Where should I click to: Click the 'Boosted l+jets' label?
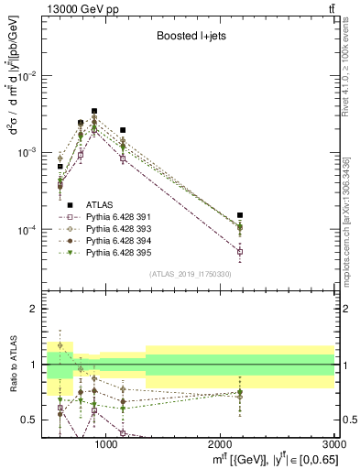[x=187, y=38]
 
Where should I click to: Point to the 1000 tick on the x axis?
[x=106, y=444]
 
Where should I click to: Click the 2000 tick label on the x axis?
[x=221, y=444]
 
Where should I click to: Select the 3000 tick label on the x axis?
[x=333, y=444]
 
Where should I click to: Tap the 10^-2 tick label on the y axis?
[x=31, y=76]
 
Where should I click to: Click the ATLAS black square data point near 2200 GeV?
[x=240, y=215]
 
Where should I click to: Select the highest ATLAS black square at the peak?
[x=94, y=111]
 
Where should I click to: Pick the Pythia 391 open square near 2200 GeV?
[x=240, y=251]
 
